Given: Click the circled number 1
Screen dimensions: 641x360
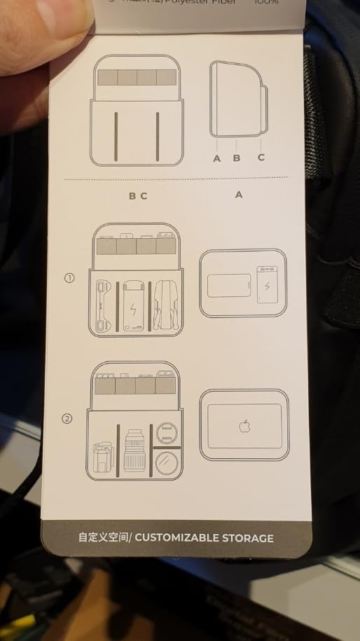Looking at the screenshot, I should pos(69,277).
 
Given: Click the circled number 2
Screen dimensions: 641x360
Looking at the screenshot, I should pos(68,420).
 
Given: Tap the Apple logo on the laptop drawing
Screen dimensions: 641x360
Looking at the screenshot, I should pos(244,426).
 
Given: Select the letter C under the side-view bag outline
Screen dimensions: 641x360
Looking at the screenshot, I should pos(261,158).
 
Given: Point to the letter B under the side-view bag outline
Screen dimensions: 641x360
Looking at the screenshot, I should pos(237,158).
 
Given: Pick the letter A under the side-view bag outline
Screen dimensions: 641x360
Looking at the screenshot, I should pos(217,158).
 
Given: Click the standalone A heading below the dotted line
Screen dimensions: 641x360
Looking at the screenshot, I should pos(239,195).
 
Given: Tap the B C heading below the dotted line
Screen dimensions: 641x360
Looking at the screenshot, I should pos(138,196).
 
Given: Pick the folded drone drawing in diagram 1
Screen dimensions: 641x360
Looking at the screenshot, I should pos(165,305).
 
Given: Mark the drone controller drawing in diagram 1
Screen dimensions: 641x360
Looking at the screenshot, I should pos(102,305).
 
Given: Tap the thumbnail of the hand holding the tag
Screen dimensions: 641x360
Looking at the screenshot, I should pos(35,35).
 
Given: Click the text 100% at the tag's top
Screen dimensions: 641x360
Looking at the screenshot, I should pos(266,2).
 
